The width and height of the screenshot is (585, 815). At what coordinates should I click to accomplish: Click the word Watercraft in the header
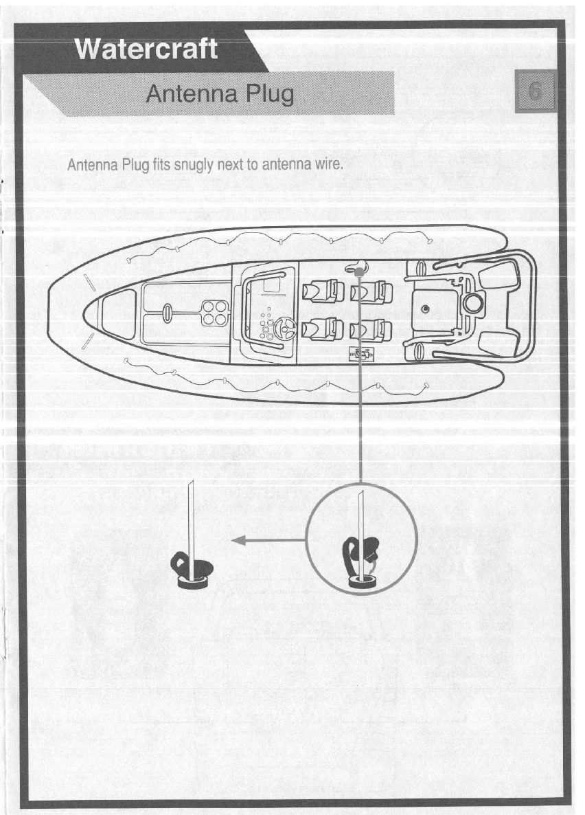click(x=146, y=49)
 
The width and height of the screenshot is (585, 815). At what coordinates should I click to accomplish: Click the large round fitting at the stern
click(x=472, y=302)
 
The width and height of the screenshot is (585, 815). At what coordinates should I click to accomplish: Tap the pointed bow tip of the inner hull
click(x=84, y=313)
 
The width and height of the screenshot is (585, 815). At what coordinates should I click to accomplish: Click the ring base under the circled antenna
click(x=365, y=581)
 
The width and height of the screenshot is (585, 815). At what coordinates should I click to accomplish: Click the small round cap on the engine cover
click(x=426, y=311)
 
